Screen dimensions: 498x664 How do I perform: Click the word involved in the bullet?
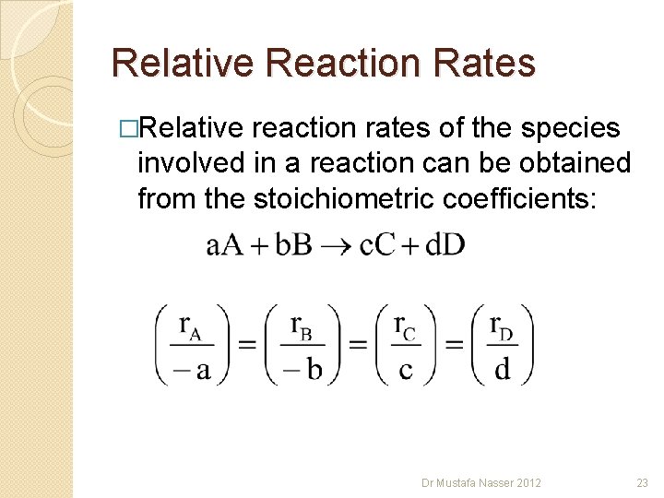click(190, 163)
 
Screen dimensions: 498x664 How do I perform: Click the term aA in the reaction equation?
click(225, 245)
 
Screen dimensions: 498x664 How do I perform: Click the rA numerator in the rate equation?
click(191, 326)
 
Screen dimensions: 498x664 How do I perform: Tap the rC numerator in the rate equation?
click(405, 326)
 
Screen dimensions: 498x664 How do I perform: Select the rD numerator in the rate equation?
click(503, 326)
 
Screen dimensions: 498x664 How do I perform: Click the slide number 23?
click(642, 482)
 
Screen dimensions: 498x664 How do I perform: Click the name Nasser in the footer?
click(499, 482)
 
